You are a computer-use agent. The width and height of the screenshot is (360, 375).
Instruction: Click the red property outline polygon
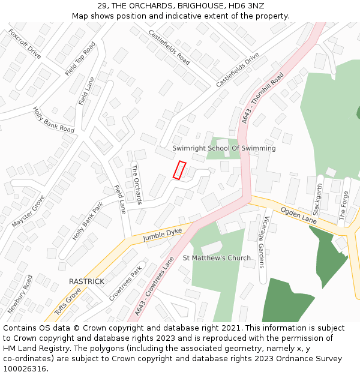coord(179,170)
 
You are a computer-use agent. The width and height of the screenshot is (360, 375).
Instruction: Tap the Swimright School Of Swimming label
coord(224,148)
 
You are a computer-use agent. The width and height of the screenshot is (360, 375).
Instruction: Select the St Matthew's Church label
coord(217,258)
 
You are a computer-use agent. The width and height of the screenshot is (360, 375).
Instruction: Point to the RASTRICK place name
coord(86,281)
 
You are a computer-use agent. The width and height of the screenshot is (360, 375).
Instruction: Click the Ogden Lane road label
coord(298,216)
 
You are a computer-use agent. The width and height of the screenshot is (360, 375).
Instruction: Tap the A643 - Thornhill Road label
coord(262,98)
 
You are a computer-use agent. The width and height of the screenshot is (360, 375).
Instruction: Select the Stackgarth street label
coord(319,199)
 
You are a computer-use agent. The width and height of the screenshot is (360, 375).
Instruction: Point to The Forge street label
coord(344,206)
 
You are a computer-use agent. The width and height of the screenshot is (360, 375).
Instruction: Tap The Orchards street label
coord(137,184)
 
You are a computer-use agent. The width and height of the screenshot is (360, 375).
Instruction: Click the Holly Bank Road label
coord(53,120)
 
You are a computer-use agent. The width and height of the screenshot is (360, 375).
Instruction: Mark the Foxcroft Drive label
coord(25,44)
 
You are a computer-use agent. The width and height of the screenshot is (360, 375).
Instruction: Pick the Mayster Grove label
coord(28,211)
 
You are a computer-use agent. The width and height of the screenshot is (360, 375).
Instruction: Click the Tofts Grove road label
coord(67,301)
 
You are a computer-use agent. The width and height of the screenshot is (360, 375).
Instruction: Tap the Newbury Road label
coord(19,295)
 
